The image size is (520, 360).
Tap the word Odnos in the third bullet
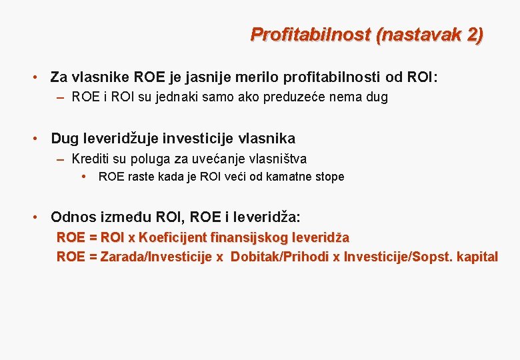pyautogui.click(x=69, y=217)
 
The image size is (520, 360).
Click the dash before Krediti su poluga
pyautogui.click(x=61, y=159)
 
